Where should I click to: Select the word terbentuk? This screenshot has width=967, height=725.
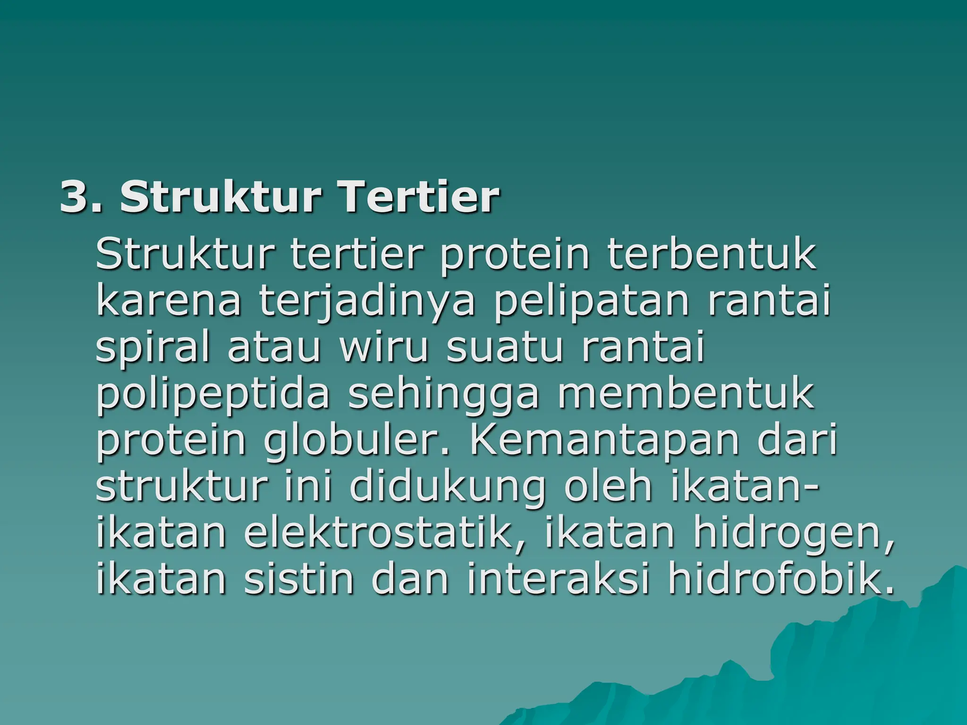[712, 255]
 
